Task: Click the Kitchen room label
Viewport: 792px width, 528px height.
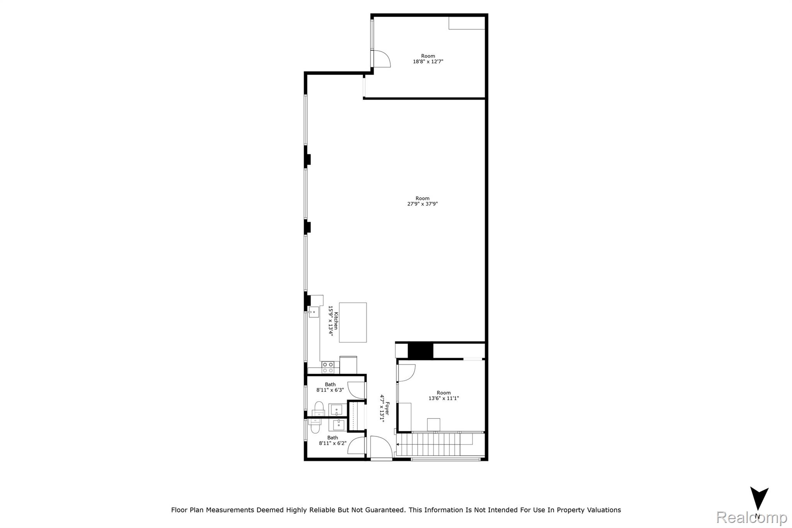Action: (336, 321)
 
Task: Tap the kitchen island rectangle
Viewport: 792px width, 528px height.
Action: (353, 322)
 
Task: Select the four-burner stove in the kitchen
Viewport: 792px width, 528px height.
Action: (328, 367)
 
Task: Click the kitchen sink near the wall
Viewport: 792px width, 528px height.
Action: (314, 312)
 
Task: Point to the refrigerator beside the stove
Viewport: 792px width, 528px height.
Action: (348, 365)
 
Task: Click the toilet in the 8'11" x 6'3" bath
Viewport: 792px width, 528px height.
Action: (318, 409)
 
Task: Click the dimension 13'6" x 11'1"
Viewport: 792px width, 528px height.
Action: (443, 398)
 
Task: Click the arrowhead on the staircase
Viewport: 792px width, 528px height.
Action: (398, 444)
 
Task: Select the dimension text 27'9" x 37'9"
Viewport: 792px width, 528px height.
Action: (422, 204)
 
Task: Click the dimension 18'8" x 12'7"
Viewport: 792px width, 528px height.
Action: (428, 62)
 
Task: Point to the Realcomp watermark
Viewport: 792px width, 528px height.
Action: (751, 517)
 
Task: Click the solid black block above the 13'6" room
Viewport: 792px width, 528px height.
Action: (420, 350)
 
